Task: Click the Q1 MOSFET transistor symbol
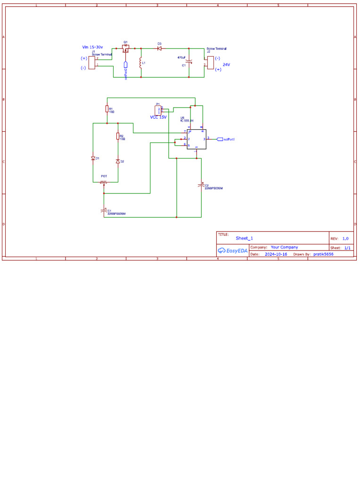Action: (x=126, y=48)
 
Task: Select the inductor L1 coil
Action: (x=140, y=63)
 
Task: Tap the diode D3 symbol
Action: (x=159, y=48)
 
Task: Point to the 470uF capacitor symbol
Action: (x=189, y=62)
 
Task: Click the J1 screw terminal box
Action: (x=92, y=62)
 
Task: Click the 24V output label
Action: (x=226, y=64)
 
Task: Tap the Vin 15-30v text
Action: (x=92, y=47)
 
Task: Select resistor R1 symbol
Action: (x=107, y=109)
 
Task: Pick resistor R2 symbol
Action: (x=118, y=136)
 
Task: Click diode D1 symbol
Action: (x=93, y=158)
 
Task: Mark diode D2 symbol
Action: (x=118, y=161)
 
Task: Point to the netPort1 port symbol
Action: (x=220, y=139)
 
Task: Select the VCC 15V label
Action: (x=158, y=117)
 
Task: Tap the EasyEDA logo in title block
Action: (x=232, y=250)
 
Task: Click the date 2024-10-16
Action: (x=276, y=254)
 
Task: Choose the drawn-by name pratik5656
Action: (x=323, y=254)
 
